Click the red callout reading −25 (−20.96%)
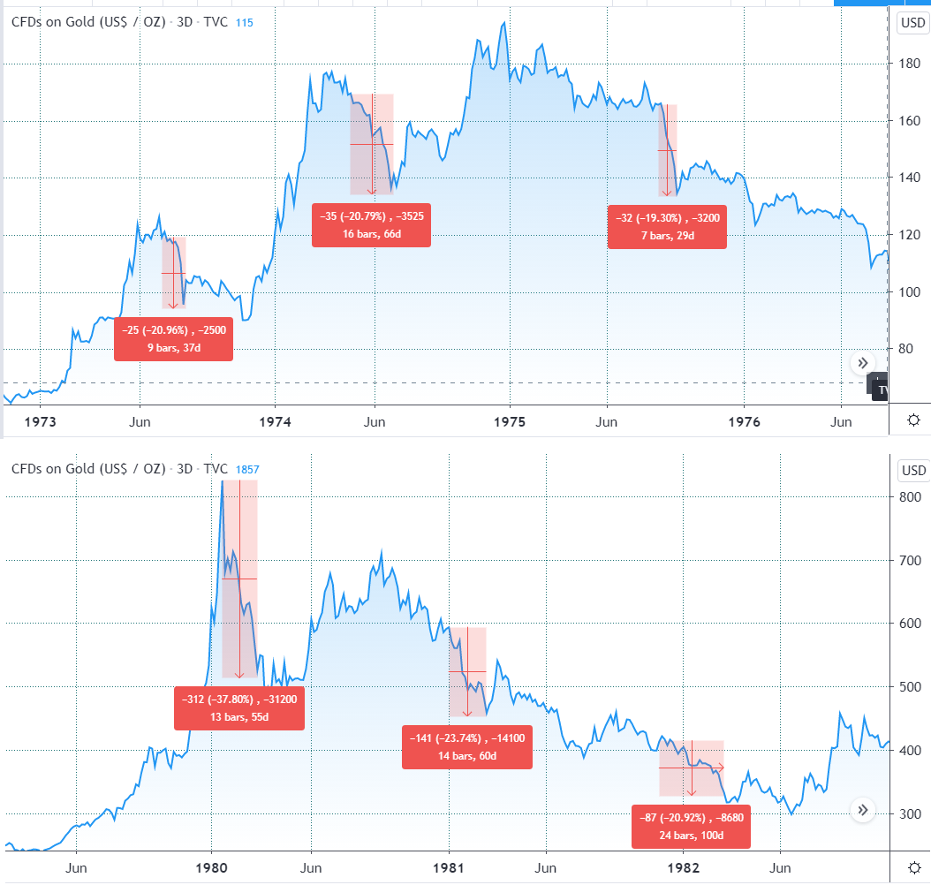click(x=173, y=339)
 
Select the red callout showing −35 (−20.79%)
click(x=372, y=224)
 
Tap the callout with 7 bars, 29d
click(x=668, y=228)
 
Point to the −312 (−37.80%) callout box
click(x=238, y=708)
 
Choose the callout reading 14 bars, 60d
click(x=466, y=747)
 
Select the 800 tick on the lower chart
click(x=910, y=497)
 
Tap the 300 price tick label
click(x=910, y=814)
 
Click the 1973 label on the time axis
click(x=41, y=422)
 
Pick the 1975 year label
click(x=510, y=422)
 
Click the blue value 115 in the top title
click(x=245, y=22)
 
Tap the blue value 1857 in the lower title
click(x=247, y=470)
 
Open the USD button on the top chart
click(x=912, y=24)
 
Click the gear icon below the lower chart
click(x=913, y=867)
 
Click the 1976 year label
click(x=744, y=422)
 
